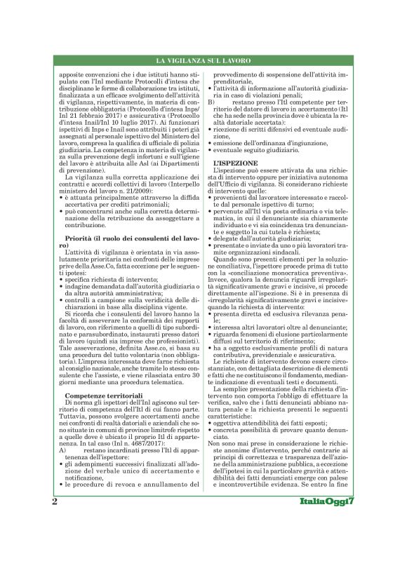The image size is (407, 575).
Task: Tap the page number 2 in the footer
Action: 55,540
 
